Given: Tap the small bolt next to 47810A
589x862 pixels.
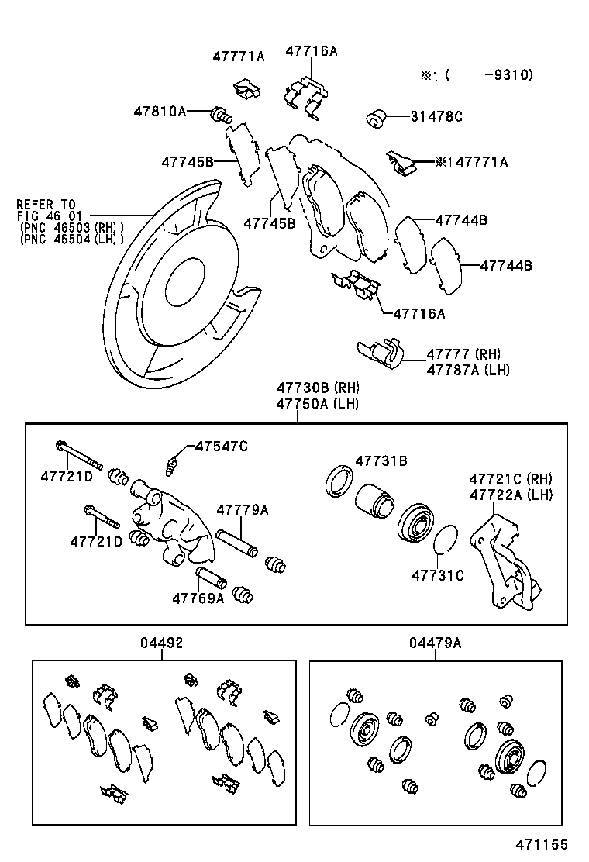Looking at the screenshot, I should (220, 116).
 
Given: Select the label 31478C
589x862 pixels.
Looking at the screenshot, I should (436, 116).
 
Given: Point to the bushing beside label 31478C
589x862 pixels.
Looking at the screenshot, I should (377, 119).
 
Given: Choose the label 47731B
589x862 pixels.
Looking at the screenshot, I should (381, 461).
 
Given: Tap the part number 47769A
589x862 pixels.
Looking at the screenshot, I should (198, 598).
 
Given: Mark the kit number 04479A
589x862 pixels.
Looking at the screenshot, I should (436, 643).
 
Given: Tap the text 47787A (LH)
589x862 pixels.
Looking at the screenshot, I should (468, 370).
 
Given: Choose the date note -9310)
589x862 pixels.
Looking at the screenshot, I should (508, 75).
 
